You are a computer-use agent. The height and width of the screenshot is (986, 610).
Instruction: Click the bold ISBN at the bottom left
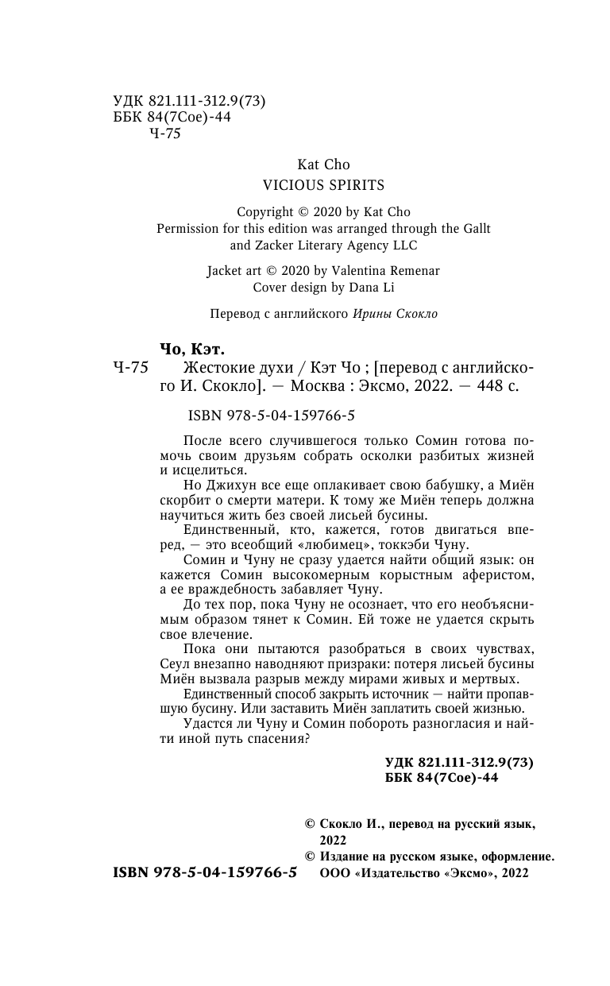click(205, 872)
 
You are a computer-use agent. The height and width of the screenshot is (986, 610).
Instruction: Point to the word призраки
click(360, 664)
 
